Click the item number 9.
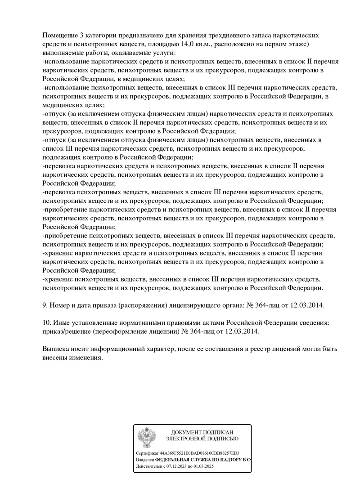[x=45, y=304]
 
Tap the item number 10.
[x=46, y=323]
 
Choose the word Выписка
[x=57, y=349]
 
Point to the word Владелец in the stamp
[x=145, y=460]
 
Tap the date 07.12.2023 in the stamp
[x=180, y=467]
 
